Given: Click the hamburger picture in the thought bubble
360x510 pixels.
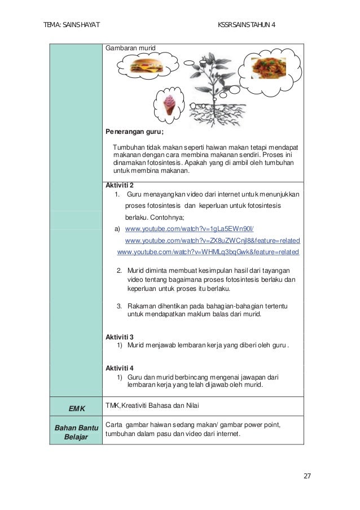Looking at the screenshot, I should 146,67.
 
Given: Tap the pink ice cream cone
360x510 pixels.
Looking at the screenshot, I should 170,103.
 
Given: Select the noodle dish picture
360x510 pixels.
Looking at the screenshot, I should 268,68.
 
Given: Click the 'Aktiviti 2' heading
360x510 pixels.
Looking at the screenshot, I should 120,185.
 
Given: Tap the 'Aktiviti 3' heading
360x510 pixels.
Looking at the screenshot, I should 120,337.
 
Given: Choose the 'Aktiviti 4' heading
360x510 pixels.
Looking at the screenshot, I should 120,368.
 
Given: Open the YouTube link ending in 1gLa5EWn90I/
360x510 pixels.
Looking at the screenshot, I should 189,229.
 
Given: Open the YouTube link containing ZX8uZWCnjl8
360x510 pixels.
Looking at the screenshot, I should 212,240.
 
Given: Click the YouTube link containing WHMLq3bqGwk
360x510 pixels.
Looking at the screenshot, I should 208,251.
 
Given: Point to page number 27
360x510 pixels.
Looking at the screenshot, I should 307,476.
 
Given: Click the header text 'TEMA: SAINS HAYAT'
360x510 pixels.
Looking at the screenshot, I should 72,25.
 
